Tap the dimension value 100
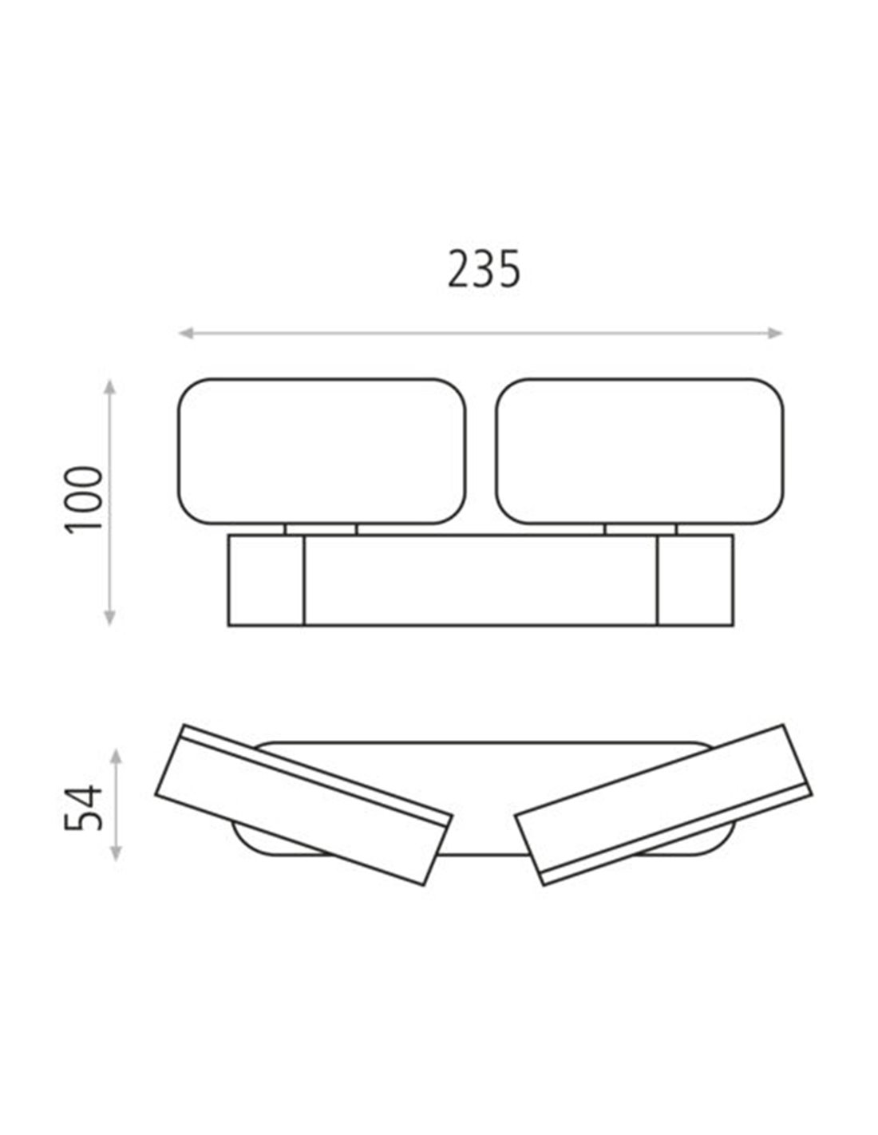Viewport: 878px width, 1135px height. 84,500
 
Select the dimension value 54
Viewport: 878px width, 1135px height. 83,808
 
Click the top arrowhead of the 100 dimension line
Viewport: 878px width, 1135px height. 109,387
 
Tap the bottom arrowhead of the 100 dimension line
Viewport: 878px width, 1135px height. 109,617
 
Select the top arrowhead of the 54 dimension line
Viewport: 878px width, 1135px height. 117,757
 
